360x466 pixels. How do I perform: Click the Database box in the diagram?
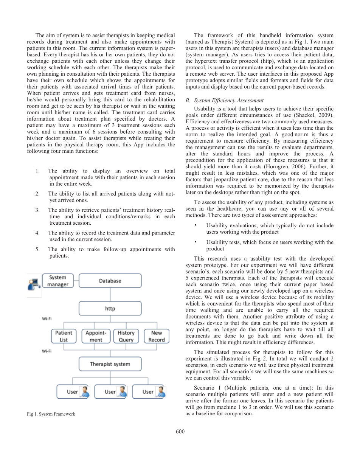[x=110, y=281]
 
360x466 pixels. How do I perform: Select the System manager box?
[x=58, y=281]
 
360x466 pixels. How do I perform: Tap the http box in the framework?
[x=110, y=308]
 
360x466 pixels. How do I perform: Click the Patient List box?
[x=64, y=336]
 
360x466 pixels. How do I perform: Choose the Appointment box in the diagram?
[x=96, y=336]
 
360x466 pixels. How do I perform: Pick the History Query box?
[x=126, y=336]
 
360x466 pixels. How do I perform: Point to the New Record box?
[x=157, y=336]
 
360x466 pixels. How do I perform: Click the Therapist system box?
[x=110, y=364]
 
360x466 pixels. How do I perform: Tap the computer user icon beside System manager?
[x=34, y=284]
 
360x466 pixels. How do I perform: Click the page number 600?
[x=180, y=431]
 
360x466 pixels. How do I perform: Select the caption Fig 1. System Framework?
[x=51, y=414]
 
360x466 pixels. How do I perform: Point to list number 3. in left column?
[x=38, y=210]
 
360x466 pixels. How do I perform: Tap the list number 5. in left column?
[x=38, y=249]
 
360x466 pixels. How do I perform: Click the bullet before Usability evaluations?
[x=195, y=225]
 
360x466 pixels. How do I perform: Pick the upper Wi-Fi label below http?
[x=47, y=318]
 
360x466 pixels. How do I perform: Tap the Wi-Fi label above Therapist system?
[x=47, y=351]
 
